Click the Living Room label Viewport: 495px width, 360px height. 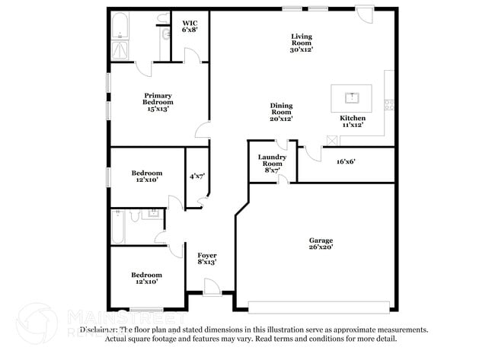(302, 43)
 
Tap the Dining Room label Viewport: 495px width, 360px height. (281, 112)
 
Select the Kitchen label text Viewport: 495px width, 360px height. (353, 118)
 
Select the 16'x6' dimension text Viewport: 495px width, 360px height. (346, 161)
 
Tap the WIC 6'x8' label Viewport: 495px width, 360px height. (190, 27)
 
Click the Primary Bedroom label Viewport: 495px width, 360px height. (158, 102)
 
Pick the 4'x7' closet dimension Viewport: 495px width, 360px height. (196, 176)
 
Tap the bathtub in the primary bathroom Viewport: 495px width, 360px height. (120, 29)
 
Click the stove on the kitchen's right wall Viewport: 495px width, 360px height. (389, 104)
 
